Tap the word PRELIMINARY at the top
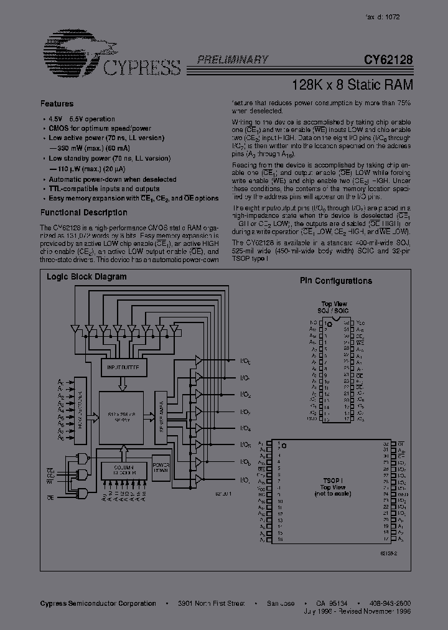[x=233, y=60]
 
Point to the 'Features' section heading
[x=57, y=104]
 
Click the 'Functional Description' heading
[x=84, y=213]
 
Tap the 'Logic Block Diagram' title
[x=86, y=277]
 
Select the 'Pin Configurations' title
[x=336, y=281]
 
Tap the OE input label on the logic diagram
[x=50, y=498]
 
